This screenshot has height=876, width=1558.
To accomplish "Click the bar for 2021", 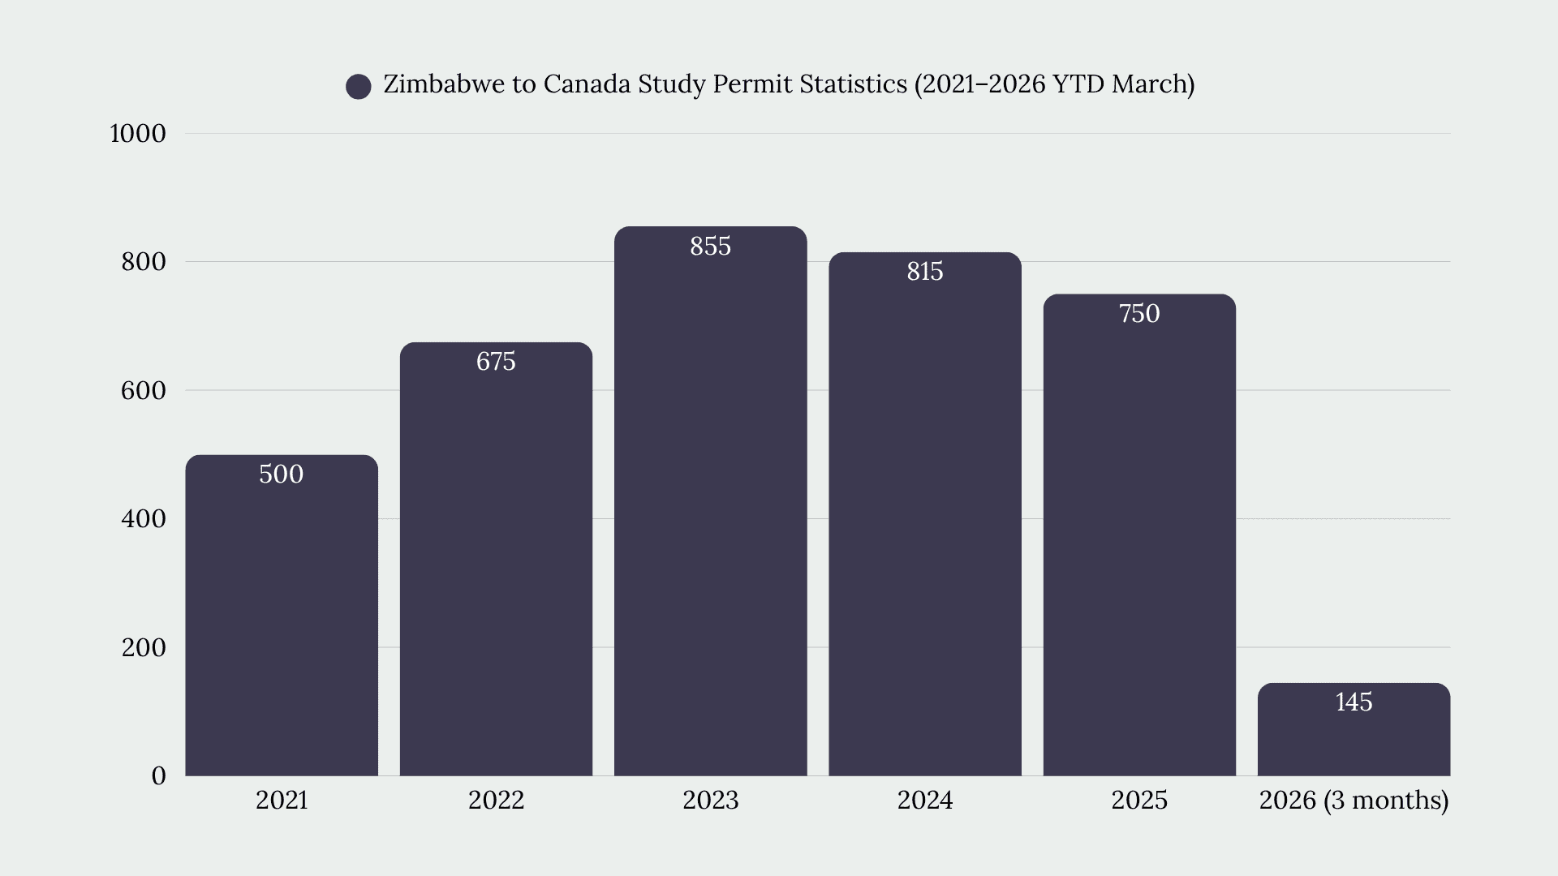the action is click(282, 615).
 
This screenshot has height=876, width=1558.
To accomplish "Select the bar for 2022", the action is click(496, 559).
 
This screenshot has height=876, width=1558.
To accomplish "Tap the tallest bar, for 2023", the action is click(711, 501).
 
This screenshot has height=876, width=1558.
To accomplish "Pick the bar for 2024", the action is click(925, 514).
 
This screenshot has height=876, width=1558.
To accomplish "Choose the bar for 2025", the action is click(1139, 535).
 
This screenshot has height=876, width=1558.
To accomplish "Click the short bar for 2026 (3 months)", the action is click(1354, 729).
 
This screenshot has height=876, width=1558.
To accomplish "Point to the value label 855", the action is click(711, 247).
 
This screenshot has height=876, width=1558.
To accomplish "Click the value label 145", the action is click(1354, 702).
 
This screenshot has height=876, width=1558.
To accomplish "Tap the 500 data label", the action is click(282, 474).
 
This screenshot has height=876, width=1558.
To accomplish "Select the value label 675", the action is click(496, 362).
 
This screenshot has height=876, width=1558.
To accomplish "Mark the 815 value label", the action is click(925, 272).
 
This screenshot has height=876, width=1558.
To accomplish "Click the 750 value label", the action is click(1139, 314).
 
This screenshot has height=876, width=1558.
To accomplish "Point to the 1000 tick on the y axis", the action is click(138, 134).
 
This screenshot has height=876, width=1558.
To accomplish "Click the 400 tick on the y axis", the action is click(144, 519).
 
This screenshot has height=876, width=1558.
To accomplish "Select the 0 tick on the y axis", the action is click(159, 776).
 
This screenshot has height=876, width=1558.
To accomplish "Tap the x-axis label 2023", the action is click(711, 801).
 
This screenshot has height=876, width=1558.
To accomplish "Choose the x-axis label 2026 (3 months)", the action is click(1354, 801).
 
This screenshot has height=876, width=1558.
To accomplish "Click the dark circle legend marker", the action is click(359, 86).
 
